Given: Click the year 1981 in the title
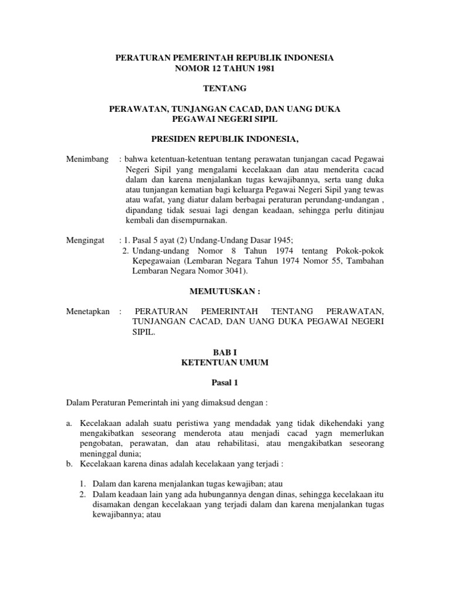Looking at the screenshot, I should click(263, 69).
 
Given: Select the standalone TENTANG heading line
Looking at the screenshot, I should click(225, 89).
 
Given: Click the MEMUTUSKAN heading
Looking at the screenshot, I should click(225, 291).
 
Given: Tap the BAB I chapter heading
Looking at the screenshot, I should click(225, 353).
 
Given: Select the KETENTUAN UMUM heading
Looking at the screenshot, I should click(225, 363).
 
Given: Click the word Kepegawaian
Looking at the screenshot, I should click(155, 261).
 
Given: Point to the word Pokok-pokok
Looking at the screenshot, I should click(364, 251).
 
